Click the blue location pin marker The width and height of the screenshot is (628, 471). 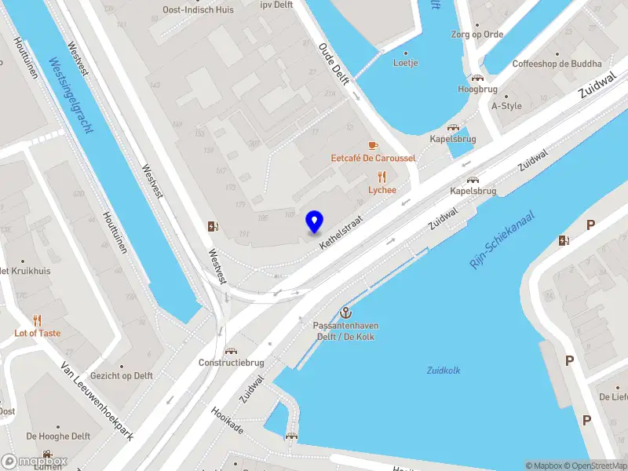tap(314, 222)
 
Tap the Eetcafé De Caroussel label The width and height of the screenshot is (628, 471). tap(373, 159)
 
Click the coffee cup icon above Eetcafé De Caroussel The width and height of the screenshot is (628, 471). tap(373, 145)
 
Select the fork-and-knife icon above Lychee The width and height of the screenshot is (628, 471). tap(382, 177)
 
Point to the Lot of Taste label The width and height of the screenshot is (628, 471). tap(37, 333)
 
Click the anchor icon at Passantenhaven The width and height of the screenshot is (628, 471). tap(343, 312)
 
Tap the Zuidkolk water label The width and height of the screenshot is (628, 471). tap(443, 371)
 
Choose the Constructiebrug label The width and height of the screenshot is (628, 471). tap(230, 363)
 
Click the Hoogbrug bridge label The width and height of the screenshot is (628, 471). tap(477, 89)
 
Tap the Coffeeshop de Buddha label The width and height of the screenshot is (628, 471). tap(557, 64)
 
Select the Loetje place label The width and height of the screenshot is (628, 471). tap(406, 63)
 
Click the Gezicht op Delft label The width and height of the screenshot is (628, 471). tap(121, 375)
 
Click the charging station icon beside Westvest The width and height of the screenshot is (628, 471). tap(212, 228)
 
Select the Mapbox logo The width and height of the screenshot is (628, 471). tap(35, 462)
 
